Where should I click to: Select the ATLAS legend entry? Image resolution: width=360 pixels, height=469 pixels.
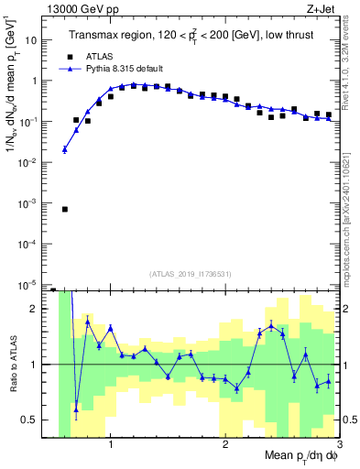coord(98,56)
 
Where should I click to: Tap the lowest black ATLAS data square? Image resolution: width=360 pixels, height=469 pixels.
coord(64,209)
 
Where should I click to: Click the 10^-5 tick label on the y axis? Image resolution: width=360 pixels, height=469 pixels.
coord(30,284)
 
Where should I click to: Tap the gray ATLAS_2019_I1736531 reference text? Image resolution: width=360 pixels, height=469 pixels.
coord(191,273)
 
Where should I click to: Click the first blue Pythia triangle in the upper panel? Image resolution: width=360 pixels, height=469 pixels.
coord(64,149)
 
